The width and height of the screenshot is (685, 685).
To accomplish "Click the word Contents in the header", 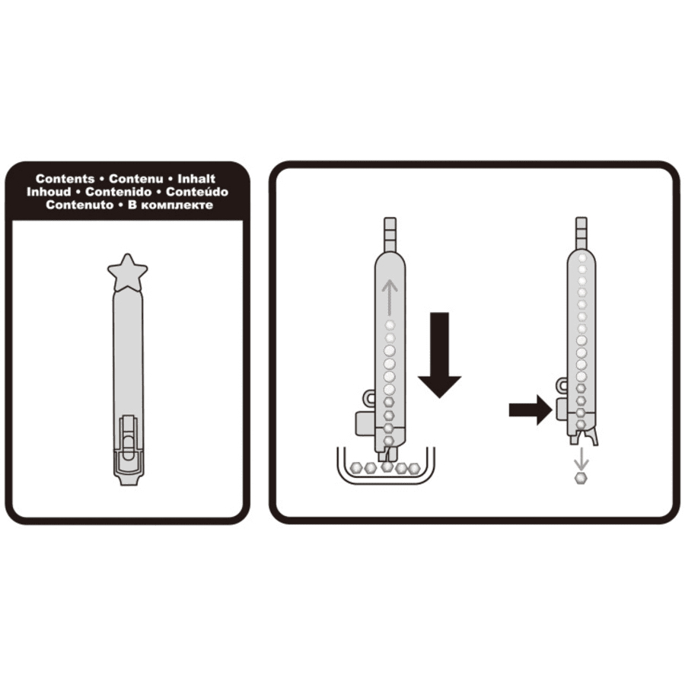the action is coord(65,179).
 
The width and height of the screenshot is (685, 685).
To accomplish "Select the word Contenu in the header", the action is coord(136,179).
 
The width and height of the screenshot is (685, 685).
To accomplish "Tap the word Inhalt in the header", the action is coord(196,179).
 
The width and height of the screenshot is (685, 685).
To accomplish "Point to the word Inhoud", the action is coord(49,192).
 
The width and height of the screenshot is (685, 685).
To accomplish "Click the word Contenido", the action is coord(119,192).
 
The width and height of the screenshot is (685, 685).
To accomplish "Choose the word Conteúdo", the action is coord(197,192).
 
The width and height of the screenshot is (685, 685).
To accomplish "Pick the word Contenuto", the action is coord(79,205).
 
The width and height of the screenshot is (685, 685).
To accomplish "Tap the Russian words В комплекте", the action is coord(170,205).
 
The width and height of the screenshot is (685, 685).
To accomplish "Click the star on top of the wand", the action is coord(128,272).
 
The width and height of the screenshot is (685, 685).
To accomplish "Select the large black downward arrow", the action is coord(439,355).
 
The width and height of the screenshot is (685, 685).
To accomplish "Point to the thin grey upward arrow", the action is coord(389,298).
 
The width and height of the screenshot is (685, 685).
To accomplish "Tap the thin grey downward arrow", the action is coord(581,458).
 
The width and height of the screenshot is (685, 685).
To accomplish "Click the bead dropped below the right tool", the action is coord(581,477).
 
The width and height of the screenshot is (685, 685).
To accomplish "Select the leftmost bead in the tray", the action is coord(356,468).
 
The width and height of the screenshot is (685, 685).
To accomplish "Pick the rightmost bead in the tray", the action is coord(414,469).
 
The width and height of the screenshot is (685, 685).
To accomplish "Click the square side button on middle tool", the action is coord(365,423).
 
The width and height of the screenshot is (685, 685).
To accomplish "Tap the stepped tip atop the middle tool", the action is coord(390,234).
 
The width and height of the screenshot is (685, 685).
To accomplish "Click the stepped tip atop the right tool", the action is coord(581,234).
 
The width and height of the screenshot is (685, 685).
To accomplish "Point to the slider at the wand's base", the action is coord(128,444).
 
